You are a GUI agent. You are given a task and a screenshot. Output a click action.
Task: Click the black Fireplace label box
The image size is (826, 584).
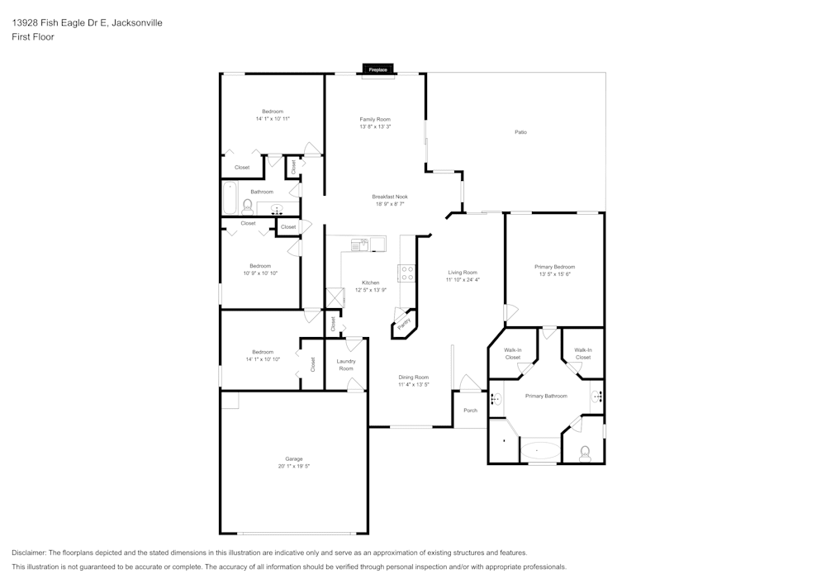click(377, 69)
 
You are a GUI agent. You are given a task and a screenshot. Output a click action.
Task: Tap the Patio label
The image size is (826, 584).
click(520, 132)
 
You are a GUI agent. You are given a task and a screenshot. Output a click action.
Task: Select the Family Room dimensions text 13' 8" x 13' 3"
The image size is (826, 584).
click(375, 127)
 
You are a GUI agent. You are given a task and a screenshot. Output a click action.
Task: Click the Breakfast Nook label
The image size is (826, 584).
click(390, 197)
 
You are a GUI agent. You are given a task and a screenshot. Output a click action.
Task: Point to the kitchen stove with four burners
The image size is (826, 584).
click(407, 273)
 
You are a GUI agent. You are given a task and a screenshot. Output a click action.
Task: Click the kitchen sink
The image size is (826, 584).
click(360, 245)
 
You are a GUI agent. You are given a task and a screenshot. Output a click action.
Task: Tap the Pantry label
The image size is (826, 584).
click(404, 324)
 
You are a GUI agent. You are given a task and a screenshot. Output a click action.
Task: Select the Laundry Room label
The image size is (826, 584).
click(346, 365)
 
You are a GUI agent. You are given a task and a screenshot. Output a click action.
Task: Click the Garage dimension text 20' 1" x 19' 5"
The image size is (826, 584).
click(294, 467)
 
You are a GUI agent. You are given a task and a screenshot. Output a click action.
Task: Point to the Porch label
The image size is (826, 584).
click(471, 411)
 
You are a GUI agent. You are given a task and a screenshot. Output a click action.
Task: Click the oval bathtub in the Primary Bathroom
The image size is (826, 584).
click(540, 451)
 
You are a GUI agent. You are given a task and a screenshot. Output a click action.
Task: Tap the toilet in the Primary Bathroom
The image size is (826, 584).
click(585, 453)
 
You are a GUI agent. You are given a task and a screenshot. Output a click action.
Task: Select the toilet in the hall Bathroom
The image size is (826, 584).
click(247, 207)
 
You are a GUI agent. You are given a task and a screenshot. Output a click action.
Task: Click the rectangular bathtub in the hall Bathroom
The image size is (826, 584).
click(230, 198)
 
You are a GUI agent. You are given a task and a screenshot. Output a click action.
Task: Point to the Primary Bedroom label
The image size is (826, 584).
click(555, 267)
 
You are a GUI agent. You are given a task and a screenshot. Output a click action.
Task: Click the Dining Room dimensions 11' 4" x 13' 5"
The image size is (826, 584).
click(414, 385)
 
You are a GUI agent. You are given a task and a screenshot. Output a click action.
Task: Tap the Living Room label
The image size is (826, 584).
click(463, 273)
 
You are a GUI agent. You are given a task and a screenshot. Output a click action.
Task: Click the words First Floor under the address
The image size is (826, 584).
click(33, 37)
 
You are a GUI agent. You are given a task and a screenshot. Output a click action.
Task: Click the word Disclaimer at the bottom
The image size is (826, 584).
click(28, 553)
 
